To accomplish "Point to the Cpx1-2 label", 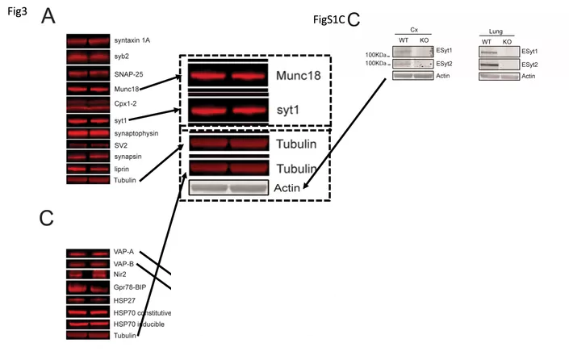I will pos(128,104).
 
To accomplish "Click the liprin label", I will pos(122,169).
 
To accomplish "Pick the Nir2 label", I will pos(121,275).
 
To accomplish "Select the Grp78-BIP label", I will pos(132,287).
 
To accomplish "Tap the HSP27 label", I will pos(125,299).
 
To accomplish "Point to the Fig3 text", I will pos(17,10).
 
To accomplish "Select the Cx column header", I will pos(414,30).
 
